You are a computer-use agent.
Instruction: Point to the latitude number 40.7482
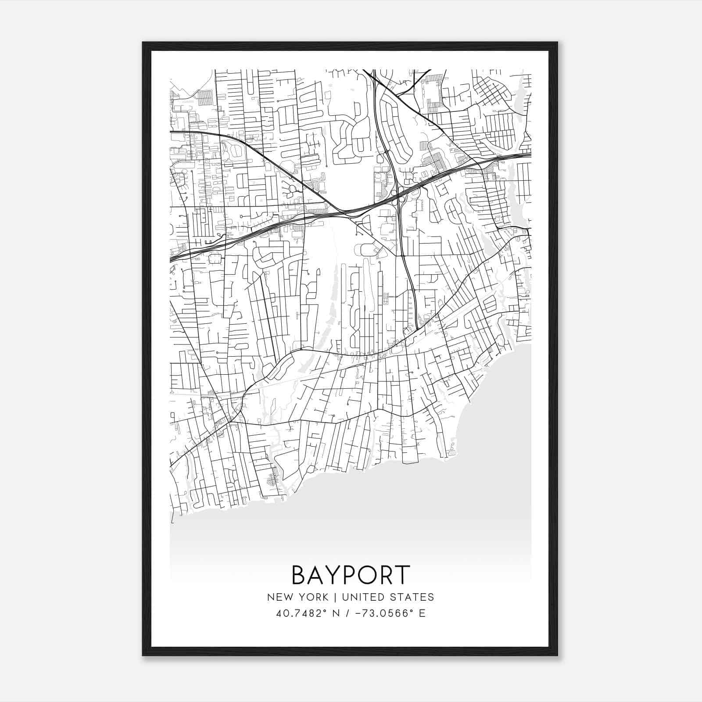click(295, 613)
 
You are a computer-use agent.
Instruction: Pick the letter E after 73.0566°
click(422, 613)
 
